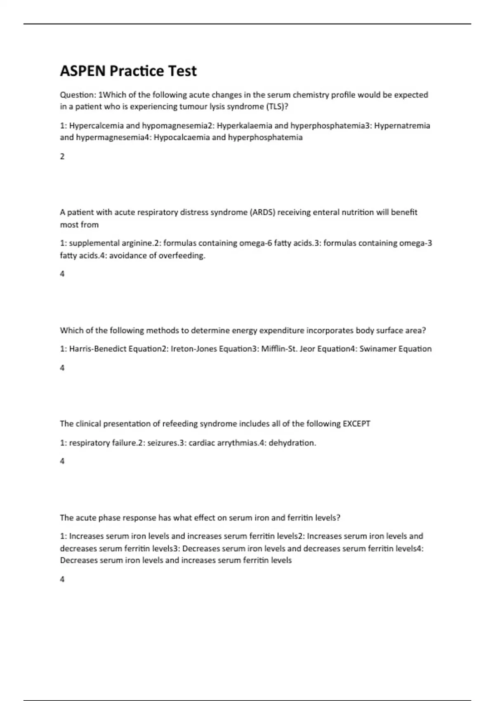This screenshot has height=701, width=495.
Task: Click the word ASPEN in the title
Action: coord(83,71)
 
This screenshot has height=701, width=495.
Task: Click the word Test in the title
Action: coord(181,71)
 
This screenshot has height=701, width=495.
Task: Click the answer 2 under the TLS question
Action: coord(62,156)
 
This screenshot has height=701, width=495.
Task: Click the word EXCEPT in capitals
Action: coord(356,424)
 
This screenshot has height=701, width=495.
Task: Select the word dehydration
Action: coord(292,443)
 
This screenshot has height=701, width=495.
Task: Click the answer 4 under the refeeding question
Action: coord(62,461)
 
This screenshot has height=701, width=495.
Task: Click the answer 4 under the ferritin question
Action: coord(62,579)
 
